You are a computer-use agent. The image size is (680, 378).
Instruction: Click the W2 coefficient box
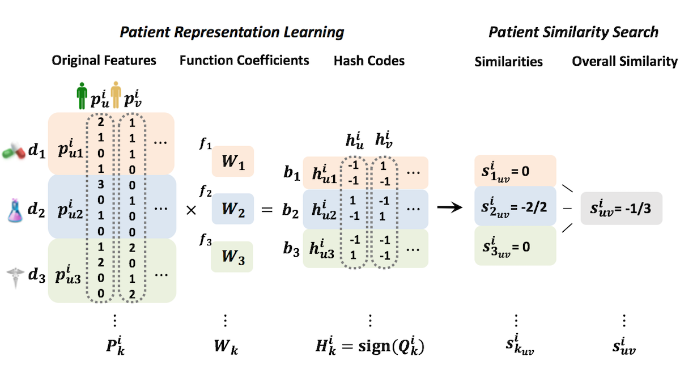coord(233,210)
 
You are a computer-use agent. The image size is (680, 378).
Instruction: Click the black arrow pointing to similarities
coord(451,209)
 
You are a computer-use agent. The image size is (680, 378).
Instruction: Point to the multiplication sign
coord(192,210)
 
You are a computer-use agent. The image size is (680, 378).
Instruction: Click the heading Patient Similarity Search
coord(573,32)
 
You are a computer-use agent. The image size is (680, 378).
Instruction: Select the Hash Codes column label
coord(369,61)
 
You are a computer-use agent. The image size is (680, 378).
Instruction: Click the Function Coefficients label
coord(244,60)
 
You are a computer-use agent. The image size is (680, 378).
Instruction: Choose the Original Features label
coord(104,60)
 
